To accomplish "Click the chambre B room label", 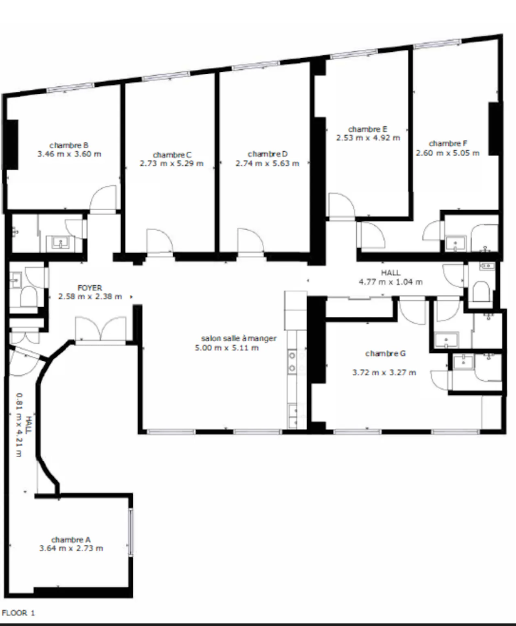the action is [x=69, y=145].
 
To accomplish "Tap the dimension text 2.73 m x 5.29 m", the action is [x=172, y=164].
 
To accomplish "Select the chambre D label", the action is [x=268, y=154].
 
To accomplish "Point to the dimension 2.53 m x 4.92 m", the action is [x=368, y=138].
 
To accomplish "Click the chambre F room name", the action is [x=448, y=143].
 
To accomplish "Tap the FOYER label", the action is [x=90, y=288].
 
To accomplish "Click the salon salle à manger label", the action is [x=239, y=339].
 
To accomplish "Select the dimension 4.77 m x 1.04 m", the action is [x=391, y=282].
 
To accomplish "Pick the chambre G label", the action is [x=386, y=354].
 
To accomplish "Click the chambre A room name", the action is [x=71, y=540].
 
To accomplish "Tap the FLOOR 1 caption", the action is [x=18, y=613].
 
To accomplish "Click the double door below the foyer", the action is [x=101, y=329].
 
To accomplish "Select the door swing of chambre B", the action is [x=103, y=198].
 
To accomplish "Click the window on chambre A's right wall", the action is [x=130, y=533].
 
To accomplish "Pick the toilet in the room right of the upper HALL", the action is [x=481, y=291].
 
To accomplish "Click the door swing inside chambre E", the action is [x=342, y=205].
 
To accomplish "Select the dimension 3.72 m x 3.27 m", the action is [x=384, y=373].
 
